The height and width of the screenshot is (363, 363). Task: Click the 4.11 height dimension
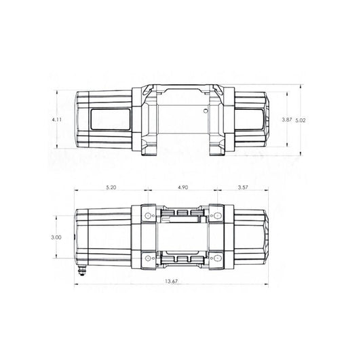(59, 119)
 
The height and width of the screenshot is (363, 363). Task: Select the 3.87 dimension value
(287, 119)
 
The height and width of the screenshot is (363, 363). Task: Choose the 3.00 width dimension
(57, 237)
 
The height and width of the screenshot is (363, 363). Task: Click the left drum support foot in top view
(149, 149)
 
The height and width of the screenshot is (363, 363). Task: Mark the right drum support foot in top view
(216, 149)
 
